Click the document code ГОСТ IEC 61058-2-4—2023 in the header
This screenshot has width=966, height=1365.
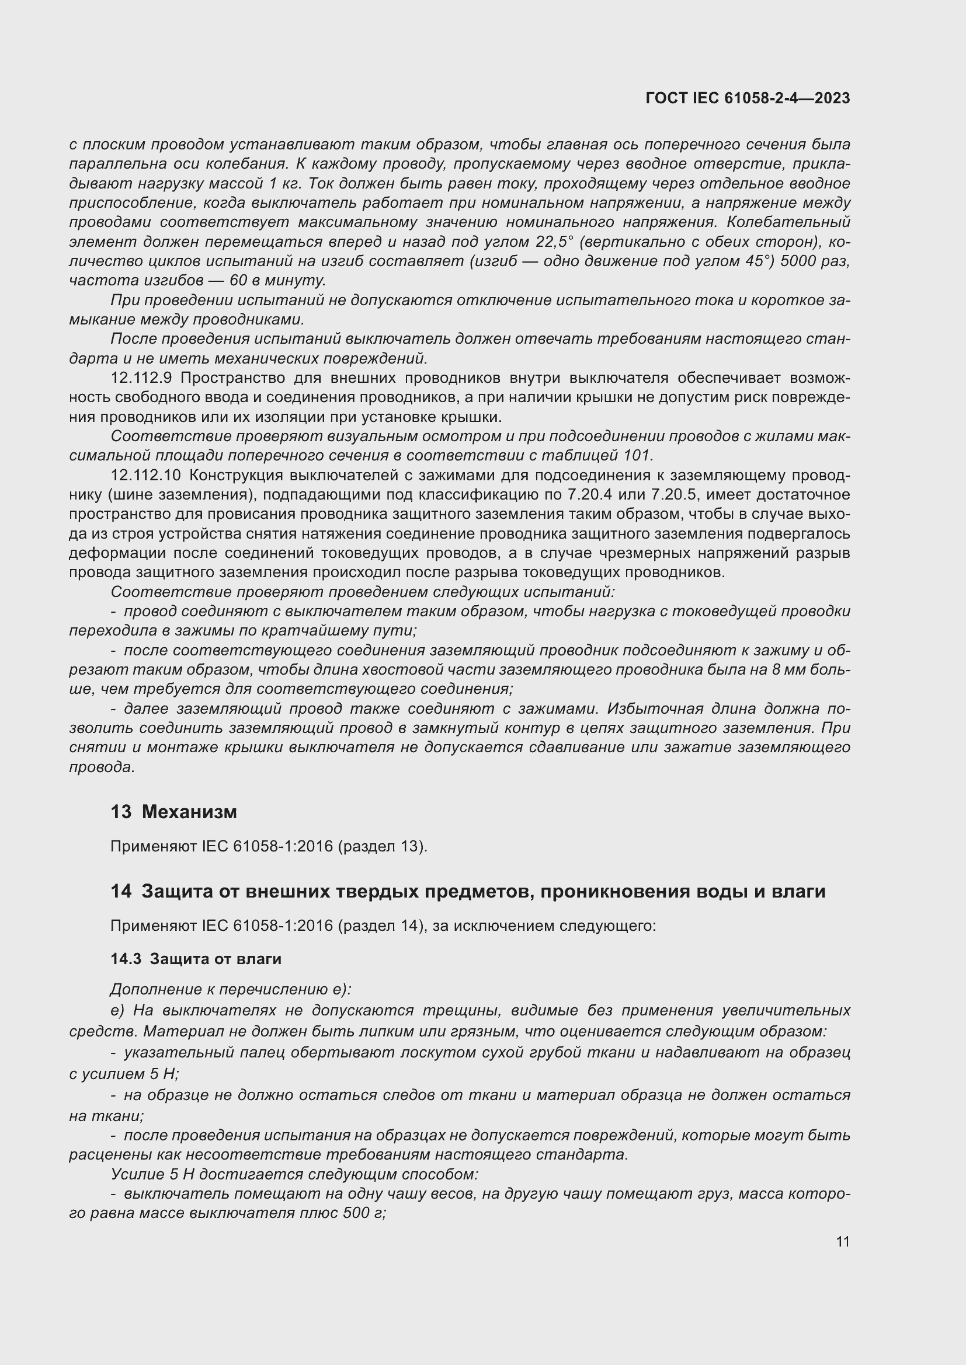point(747,99)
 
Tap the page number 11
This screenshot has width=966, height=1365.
point(842,1241)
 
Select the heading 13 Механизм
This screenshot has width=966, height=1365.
point(173,812)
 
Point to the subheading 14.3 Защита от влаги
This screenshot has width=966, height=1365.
point(196,959)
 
